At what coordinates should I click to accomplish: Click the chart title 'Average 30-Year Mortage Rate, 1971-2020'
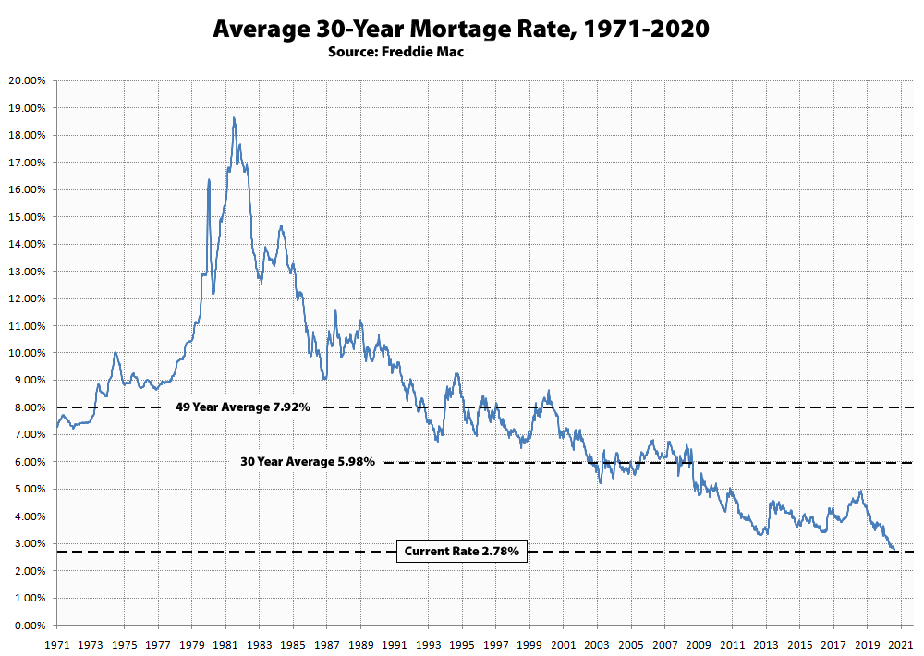click(x=461, y=29)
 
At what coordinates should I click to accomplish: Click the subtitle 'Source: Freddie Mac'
click(x=395, y=52)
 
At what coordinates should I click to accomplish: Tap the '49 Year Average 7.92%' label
click(x=243, y=407)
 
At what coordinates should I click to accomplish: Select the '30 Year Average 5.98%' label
click(x=306, y=462)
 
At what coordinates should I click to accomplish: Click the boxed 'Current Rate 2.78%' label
click(x=462, y=553)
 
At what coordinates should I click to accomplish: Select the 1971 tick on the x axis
click(x=57, y=643)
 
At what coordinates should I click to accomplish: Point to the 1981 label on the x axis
click(x=226, y=643)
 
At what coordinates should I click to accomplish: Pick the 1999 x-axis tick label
click(x=530, y=643)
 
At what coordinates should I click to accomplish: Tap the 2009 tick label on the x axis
click(x=699, y=643)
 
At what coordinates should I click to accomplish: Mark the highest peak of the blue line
click(x=234, y=118)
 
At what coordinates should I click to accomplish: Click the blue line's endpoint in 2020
click(x=894, y=551)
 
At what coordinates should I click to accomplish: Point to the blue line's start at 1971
click(x=57, y=427)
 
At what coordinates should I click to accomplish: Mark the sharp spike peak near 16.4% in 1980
click(x=209, y=180)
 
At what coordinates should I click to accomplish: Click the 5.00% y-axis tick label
click(x=29, y=490)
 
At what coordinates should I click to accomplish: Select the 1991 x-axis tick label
click(x=395, y=643)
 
